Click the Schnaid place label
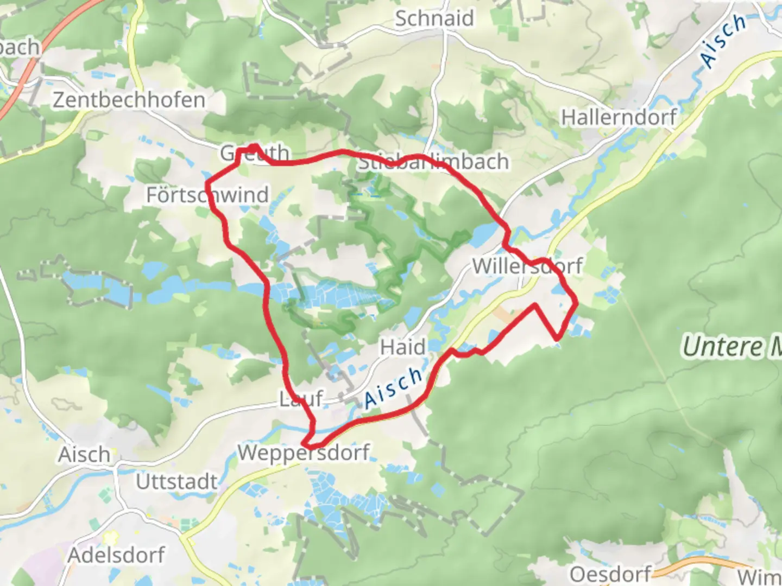(434, 18)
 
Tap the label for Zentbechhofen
(129, 100)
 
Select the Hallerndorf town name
(619, 117)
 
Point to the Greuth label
(254, 154)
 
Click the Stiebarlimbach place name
(433, 162)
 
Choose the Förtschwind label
(207, 195)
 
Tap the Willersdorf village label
(527, 266)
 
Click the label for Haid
(402, 347)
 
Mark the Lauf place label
(301, 399)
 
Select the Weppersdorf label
(304, 452)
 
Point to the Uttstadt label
(176, 481)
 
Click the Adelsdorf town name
(116, 555)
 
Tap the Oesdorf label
(610, 574)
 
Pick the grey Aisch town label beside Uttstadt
(84, 455)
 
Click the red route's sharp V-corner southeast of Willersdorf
(557, 339)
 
